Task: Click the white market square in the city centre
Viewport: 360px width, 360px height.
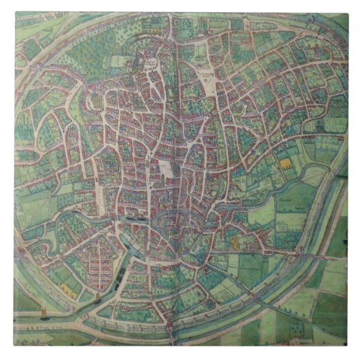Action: tap(166, 168)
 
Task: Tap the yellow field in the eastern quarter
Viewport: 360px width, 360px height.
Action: tap(284, 163)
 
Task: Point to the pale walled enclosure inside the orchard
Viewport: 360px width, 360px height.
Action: tap(120, 60)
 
